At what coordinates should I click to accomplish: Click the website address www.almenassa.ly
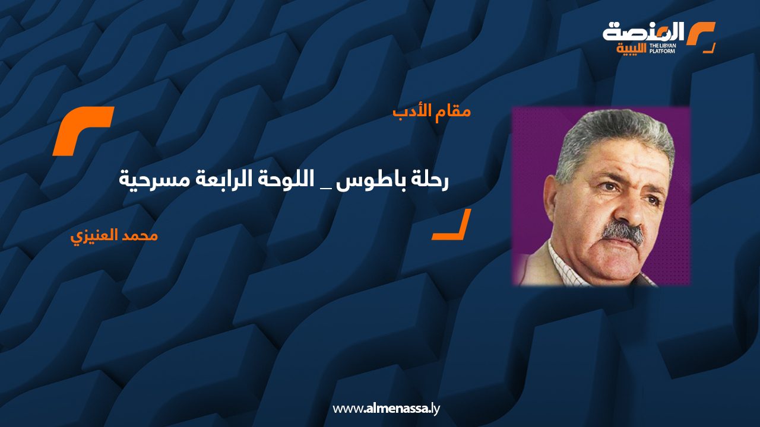point(386,409)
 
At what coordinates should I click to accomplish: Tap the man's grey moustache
point(623,233)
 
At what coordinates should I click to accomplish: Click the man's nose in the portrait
point(628,210)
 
